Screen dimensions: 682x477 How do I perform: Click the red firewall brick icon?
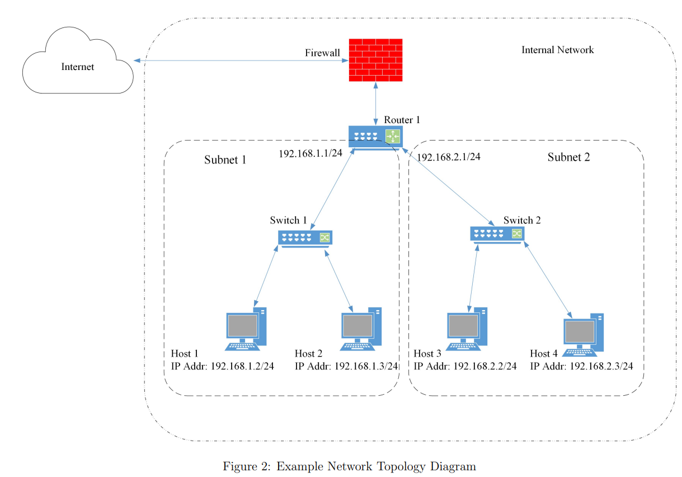pos(375,60)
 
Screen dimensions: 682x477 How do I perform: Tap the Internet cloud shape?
pos(78,61)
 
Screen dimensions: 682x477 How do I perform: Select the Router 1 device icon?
pos(375,138)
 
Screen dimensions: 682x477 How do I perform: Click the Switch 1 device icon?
pos(305,239)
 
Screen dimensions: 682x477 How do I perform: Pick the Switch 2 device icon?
pos(497,235)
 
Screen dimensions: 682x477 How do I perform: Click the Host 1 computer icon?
pos(246,329)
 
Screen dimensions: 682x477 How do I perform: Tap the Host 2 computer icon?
pos(361,329)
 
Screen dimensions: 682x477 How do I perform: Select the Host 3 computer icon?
pos(467,329)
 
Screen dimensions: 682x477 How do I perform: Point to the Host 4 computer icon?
pos(583,335)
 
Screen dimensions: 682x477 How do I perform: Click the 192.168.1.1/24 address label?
pos(311,153)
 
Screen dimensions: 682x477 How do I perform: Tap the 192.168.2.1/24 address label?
pos(449,157)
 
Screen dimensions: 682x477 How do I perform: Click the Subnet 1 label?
pos(225,160)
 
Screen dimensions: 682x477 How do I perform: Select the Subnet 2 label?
pos(569,157)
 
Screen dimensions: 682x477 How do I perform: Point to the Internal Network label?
pos(557,50)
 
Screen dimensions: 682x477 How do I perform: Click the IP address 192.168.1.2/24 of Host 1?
pos(242,366)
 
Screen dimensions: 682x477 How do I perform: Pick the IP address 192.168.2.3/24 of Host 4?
pos(601,366)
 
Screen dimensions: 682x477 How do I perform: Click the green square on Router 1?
pos(393,136)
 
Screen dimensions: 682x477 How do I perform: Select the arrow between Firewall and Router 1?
pos(375,104)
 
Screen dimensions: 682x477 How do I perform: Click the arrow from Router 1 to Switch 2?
pos(448,187)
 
